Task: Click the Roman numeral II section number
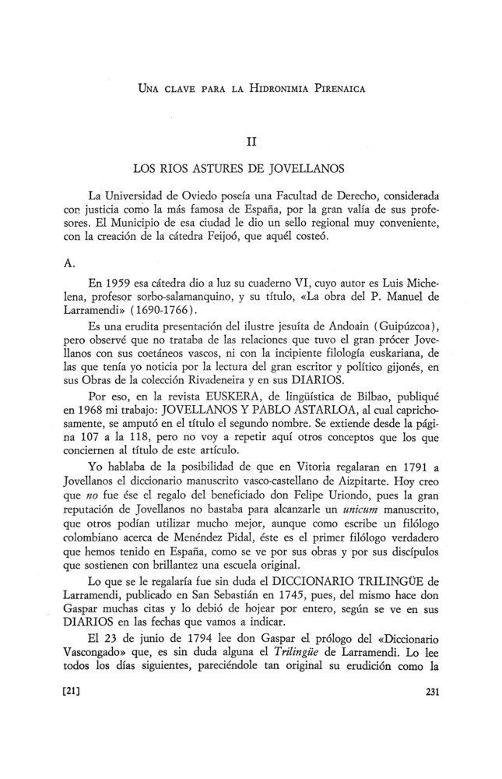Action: pyautogui.click(x=251, y=143)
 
